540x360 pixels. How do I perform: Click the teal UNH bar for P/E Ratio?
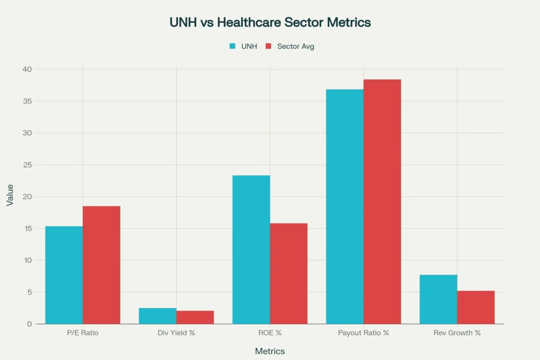(64, 275)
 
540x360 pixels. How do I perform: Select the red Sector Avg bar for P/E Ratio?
(101, 265)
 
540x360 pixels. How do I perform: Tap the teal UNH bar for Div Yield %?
(158, 316)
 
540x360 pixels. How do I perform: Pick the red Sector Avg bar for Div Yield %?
(195, 317)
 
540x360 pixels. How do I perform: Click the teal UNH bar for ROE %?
(251, 250)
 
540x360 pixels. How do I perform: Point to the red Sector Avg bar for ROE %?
(288, 274)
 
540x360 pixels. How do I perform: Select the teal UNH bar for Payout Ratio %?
(344, 207)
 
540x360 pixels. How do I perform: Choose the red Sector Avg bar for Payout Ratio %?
(382, 201)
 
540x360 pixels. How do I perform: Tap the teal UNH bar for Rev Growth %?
(438, 299)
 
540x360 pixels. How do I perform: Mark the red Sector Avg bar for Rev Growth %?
(476, 307)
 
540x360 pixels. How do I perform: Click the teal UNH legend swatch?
(232, 46)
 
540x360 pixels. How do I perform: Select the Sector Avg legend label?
(295, 46)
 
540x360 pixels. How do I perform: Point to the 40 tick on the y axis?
(27, 70)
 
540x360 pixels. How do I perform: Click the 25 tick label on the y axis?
(27, 165)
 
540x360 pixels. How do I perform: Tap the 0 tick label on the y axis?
(30, 324)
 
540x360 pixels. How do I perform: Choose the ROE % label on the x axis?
(270, 333)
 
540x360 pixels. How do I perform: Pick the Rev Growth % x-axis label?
(457, 333)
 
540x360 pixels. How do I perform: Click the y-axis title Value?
(10, 197)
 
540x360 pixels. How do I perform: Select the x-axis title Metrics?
(270, 351)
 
